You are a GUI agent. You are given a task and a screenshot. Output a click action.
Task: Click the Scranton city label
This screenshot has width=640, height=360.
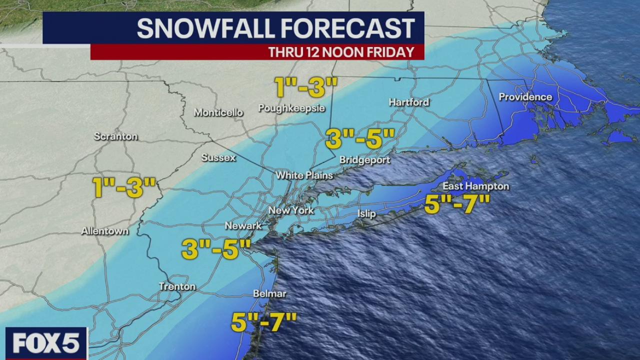tap(115, 136)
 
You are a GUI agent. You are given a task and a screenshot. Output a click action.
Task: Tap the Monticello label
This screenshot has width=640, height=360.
tap(218, 112)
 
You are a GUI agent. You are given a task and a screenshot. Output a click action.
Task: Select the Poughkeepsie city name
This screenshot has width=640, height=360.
tap(291, 108)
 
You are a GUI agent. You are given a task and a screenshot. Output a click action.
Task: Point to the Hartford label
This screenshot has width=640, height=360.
tap(409, 102)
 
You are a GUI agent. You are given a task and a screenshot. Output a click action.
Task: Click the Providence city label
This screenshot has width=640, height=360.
tap(525, 97)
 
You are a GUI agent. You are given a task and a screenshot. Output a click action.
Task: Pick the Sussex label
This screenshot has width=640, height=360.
tap(218, 157)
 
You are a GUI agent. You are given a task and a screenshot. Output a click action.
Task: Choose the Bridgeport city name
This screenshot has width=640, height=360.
tap(364, 160)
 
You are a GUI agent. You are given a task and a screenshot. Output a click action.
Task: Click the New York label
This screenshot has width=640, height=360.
tap(291, 210)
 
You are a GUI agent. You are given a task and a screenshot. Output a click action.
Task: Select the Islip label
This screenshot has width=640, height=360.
tap(366, 214)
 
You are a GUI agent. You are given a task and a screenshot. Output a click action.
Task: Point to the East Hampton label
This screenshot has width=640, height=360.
tap(476, 186)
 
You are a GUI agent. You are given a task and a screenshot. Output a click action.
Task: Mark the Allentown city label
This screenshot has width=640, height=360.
tap(105, 231)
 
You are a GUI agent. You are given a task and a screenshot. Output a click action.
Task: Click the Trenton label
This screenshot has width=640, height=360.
tap(177, 286)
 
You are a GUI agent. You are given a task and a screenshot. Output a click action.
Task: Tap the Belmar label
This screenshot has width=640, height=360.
tap(269, 294)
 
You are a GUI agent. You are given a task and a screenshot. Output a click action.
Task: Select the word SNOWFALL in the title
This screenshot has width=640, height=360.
tap(205, 28)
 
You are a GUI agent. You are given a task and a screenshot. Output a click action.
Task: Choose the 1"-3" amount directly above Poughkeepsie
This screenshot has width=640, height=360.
tap(306, 87)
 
